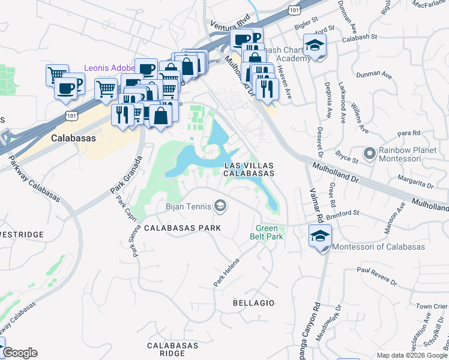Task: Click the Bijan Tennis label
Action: [x=188, y=207]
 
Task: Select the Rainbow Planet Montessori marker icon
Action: [x=369, y=154]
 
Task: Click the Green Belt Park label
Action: [x=267, y=232]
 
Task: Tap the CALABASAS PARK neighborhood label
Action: [x=182, y=228]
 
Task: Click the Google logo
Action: [x=20, y=353]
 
